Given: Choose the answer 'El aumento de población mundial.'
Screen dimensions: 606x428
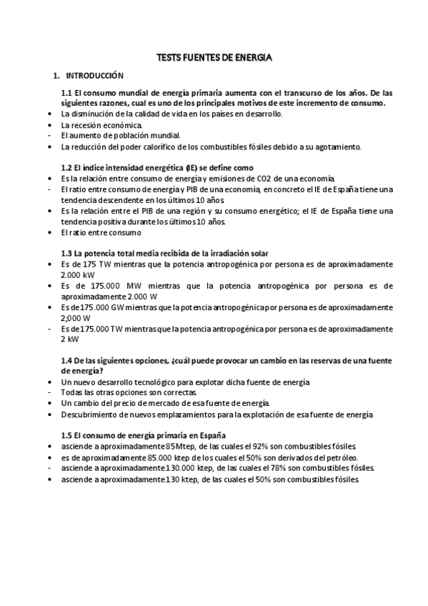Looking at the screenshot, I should tap(121, 136).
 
